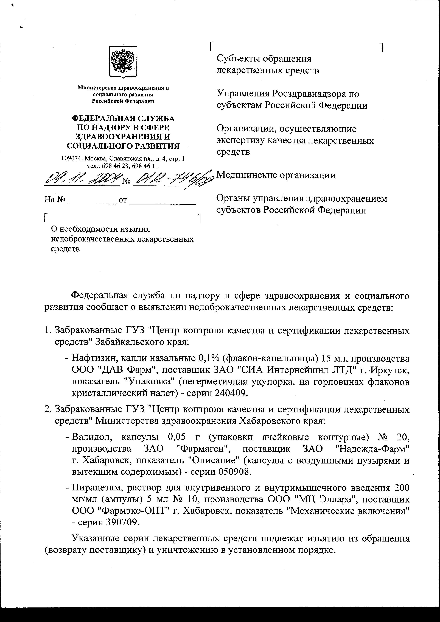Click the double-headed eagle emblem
tap(123, 62)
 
